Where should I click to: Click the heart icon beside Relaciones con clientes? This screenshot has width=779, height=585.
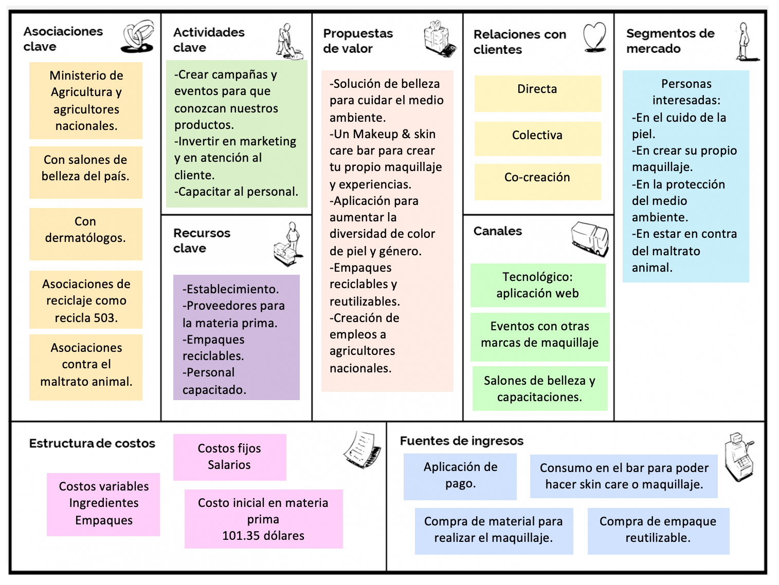tap(594, 37)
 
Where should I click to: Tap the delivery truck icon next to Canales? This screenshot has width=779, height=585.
tap(590, 238)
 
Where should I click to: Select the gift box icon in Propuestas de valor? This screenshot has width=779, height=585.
tap(440, 39)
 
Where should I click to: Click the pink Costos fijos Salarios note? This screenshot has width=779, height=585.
tap(229, 457)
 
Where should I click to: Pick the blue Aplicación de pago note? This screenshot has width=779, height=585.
tap(460, 476)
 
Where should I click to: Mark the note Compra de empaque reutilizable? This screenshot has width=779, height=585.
tap(658, 531)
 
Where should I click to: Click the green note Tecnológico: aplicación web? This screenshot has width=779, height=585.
tap(538, 285)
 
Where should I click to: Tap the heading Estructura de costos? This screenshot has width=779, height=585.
tap(92, 443)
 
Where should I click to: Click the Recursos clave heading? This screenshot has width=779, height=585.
tap(202, 240)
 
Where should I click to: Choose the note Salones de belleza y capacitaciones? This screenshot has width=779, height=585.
tap(540, 388)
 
